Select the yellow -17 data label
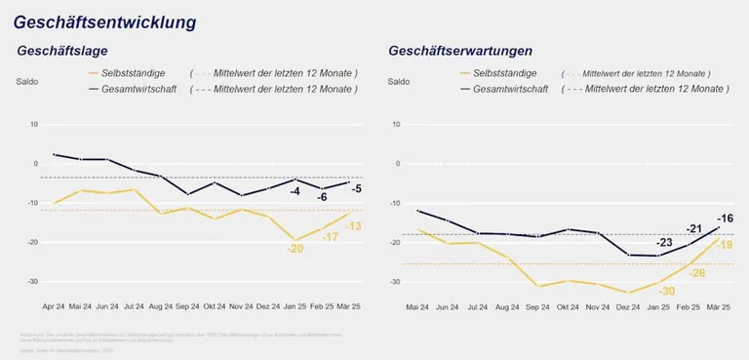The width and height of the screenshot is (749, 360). (331, 237)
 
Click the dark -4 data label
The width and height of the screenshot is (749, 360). (295, 191)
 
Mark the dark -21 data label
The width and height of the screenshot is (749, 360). (694, 229)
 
